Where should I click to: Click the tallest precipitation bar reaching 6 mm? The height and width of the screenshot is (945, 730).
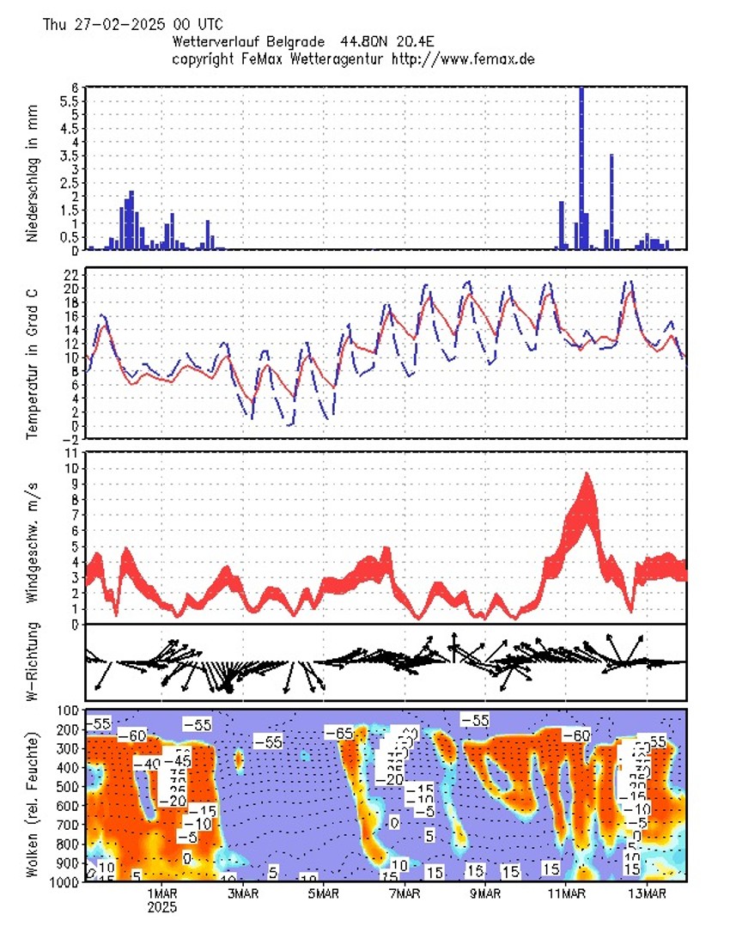[581, 168]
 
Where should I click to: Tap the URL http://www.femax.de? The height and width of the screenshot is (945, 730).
[463, 58]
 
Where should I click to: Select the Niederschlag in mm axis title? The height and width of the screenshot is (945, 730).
[33, 168]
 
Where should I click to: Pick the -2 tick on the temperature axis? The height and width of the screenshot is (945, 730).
[70, 439]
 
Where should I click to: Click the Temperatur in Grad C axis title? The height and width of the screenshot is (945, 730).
[33, 353]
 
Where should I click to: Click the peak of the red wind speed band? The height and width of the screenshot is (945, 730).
[587, 475]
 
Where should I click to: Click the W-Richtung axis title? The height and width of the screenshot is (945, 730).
[33, 662]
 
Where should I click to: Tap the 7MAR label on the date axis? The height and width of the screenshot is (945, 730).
[405, 894]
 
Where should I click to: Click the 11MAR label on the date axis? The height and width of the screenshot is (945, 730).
[566, 894]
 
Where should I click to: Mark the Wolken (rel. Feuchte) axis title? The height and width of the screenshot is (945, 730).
[33, 803]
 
